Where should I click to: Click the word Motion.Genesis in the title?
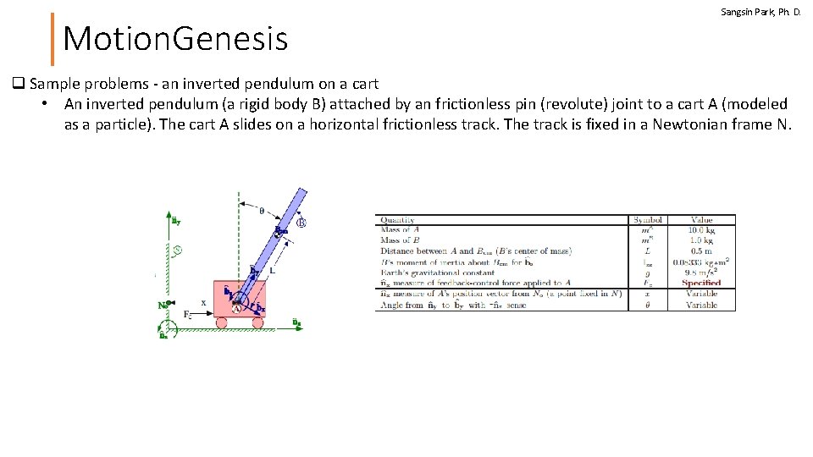pyautogui.click(x=175, y=38)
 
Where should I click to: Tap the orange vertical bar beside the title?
pyautogui.click(x=53, y=38)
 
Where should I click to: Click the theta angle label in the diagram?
pyautogui.click(x=261, y=211)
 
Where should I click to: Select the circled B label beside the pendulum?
pyautogui.click(x=301, y=223)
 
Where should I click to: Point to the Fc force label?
pyautogui.click(x=188, y=314)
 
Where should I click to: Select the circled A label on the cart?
pyautogui.click(x=238, y=309)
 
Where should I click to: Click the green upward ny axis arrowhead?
pyautogui.click(x=167, y=217)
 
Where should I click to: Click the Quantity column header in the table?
pyautogui.click(x=398, y=220)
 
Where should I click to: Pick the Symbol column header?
pyautogui.click(x=648, y=220)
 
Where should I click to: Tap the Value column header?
pyautogui.click(x=701, y=220)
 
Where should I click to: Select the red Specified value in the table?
pyautogui.click(x=701, y=283)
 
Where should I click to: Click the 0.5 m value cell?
pyautogui.click(x=701, y=251)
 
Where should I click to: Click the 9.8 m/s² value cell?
pyautogui.click(x=701, y=273)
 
